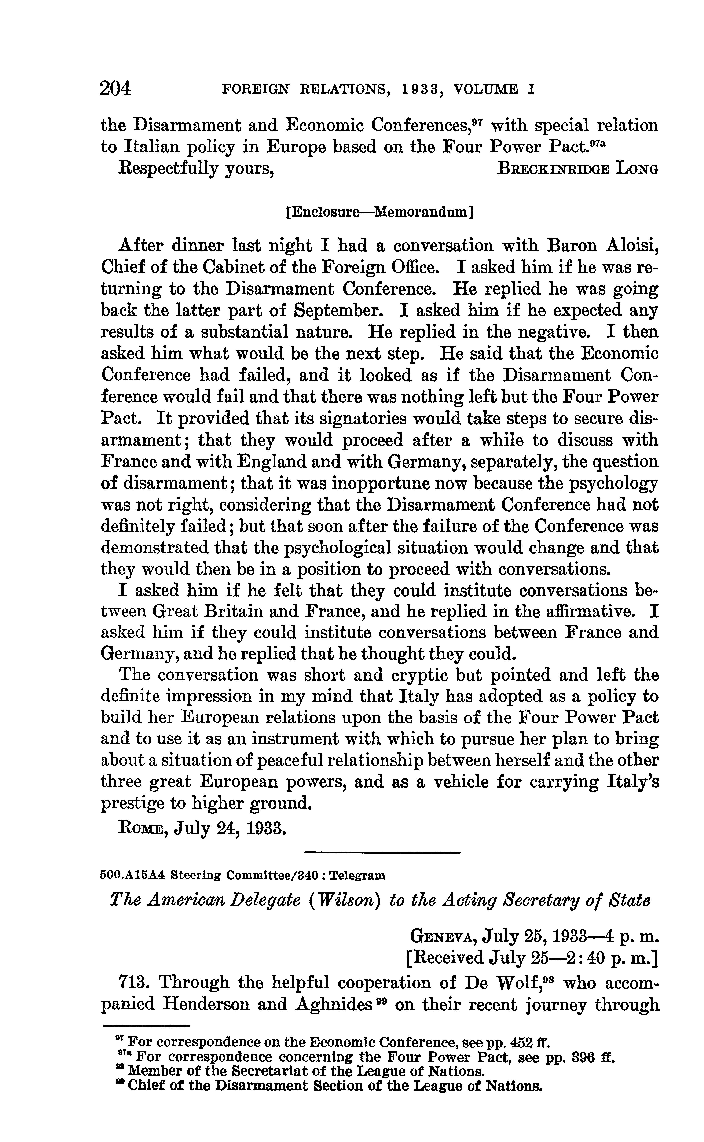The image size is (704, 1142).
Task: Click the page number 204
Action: [115, 88]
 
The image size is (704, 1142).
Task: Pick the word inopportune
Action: [377, 483]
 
